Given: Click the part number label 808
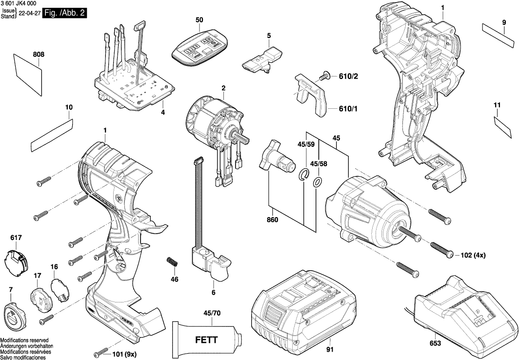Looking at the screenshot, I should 39,55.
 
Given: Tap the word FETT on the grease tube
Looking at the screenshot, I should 207,340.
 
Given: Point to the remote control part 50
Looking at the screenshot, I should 199,47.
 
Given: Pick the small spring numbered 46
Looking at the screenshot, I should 172,261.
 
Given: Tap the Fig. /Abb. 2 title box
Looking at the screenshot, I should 64,14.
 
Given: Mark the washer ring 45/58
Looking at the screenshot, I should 317,182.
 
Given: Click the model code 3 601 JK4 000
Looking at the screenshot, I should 20,3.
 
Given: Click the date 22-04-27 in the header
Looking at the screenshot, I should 29,14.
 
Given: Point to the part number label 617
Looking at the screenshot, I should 16,238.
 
